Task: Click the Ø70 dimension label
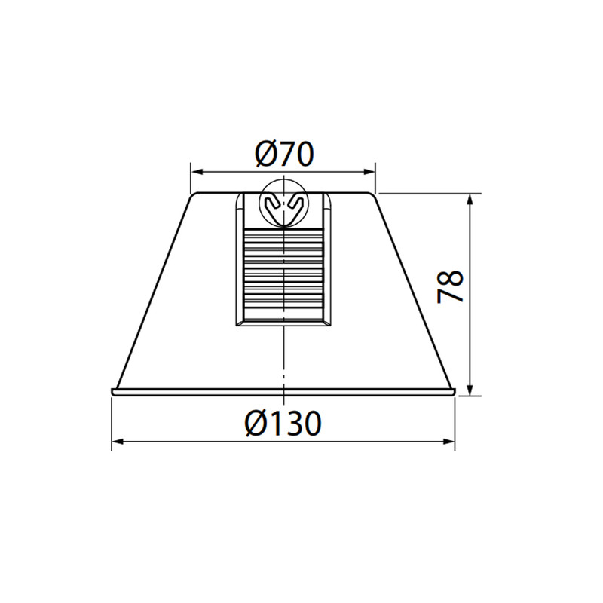(284, 154)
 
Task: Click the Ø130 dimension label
(283, 423)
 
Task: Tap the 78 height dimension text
(450, 287)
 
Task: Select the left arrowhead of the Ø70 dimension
(197, 172)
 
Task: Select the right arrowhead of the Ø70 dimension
(369, 172)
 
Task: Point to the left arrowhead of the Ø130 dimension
(118, 442)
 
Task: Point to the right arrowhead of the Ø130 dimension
(448, 442)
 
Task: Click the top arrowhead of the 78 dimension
(470, 199)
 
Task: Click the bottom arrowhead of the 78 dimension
(470, 389)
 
